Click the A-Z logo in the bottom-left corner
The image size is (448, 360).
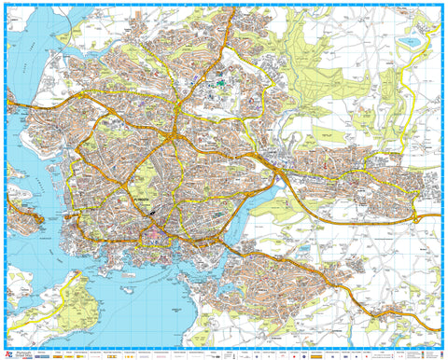point(12,352)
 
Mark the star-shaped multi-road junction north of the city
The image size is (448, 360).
point(173,139)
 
